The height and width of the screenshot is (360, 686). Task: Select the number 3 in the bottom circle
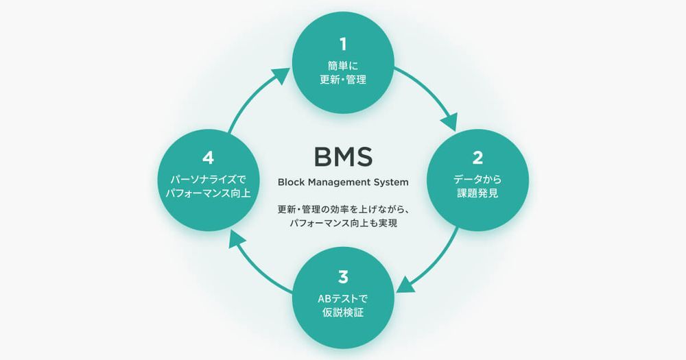[343, 277]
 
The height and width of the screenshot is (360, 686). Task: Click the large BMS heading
[343, 156]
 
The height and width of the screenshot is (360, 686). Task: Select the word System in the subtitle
[390, 182]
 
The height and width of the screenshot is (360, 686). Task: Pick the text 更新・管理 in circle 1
[343, 80]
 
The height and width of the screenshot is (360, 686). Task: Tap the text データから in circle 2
[479, 180]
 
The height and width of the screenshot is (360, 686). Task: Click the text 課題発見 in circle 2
[479, 194]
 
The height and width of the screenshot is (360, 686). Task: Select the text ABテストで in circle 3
[343, 299]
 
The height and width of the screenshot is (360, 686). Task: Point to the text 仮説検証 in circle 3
[343, 313]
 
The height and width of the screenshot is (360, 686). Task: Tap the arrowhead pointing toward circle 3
[405, 285]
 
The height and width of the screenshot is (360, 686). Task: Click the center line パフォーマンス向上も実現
[343, 224]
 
